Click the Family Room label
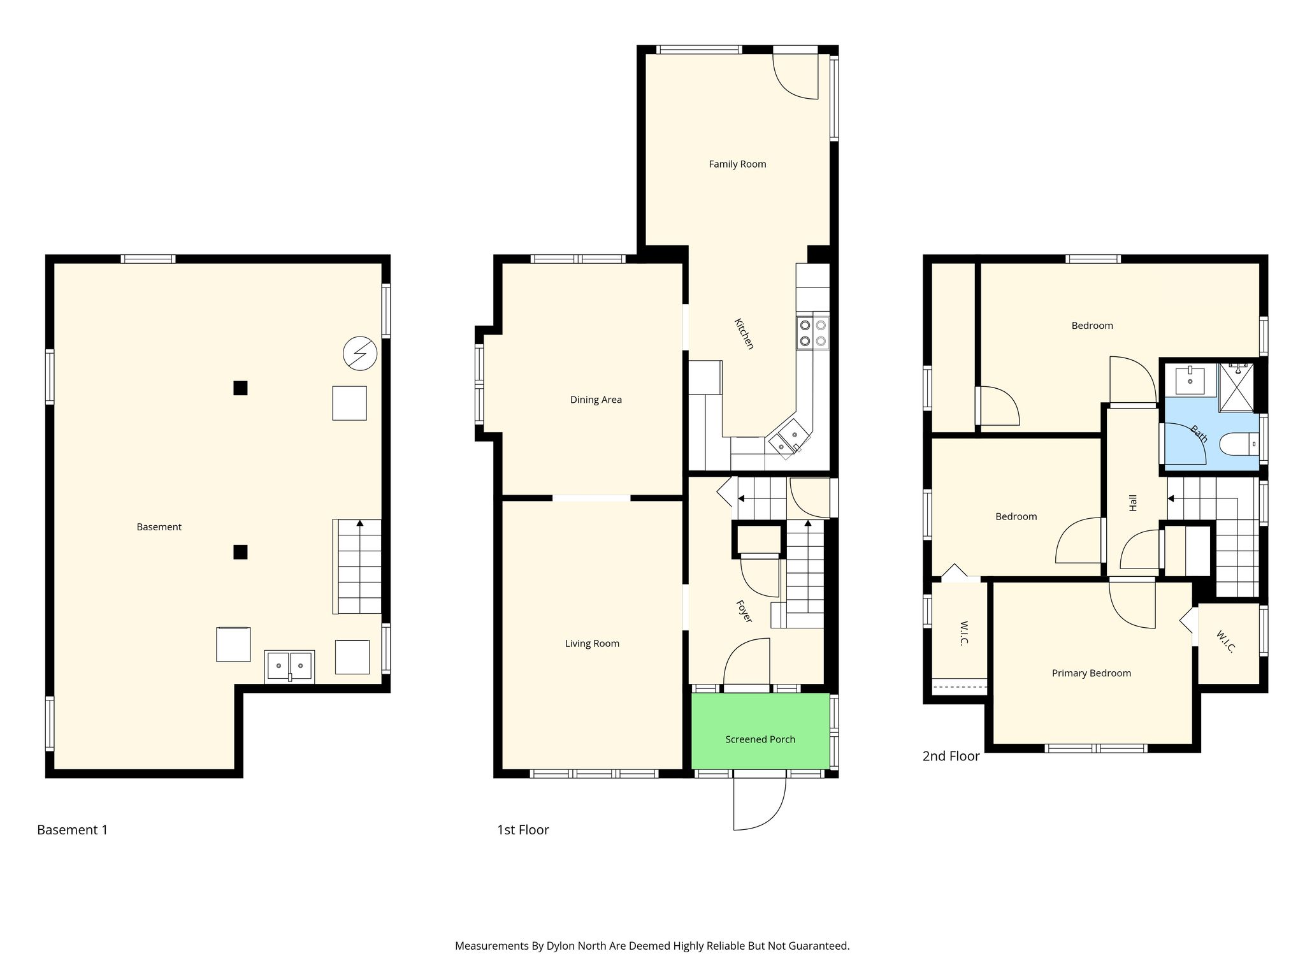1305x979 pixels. coord(737,164)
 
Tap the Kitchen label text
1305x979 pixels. coord(744,334)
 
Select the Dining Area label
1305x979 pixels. coord(596,400)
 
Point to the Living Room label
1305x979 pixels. coord(592,644)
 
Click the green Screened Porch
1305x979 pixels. coord(760,731)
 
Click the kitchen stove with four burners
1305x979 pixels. coord(812,333)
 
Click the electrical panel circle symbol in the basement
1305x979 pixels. coord(360,353)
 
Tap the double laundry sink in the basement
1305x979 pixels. coord(289,667)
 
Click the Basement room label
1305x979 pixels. coord(159,527)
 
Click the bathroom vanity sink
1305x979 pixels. coord(1190,381)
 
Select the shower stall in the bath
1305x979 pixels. coord(1236,387)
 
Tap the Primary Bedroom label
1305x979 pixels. coord(1092,674)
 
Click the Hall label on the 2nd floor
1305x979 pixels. coord(1133,504)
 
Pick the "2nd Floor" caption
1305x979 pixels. coord(951,757)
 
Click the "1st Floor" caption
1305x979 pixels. coord(523,830)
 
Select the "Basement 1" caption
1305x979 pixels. coord(73,830)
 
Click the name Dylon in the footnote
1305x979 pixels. coord(561,946)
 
